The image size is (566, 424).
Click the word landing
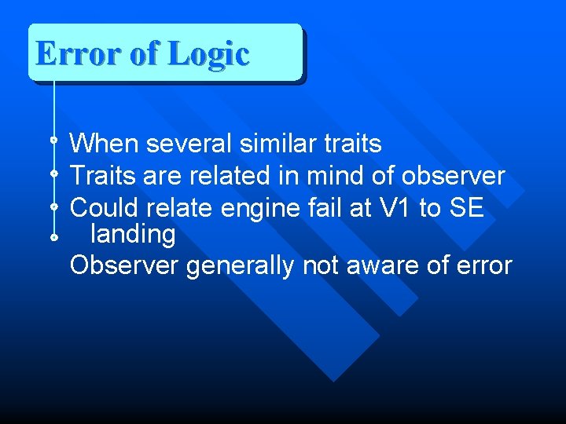tap(133, 235)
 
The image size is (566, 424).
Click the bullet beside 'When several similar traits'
tap(53, 141)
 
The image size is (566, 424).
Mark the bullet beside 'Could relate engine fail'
tap(53, 207)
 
